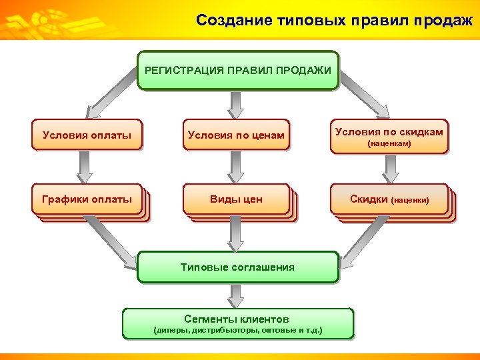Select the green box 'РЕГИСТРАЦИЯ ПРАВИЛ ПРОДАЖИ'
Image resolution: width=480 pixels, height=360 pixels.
point(238,69)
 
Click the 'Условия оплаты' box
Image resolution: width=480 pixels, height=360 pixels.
point(87,135)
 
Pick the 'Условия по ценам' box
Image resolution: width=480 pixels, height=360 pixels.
point(236,135)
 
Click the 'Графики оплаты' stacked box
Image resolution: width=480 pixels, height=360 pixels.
point(87,199)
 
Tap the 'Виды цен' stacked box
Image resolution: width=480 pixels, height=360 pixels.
point(237,199)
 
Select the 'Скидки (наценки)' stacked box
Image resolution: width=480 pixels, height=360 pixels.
point(389,199)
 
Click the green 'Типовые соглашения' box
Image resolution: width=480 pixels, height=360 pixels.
point(237,267)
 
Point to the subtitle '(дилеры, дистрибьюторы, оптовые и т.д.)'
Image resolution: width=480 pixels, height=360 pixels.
point(237,330)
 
